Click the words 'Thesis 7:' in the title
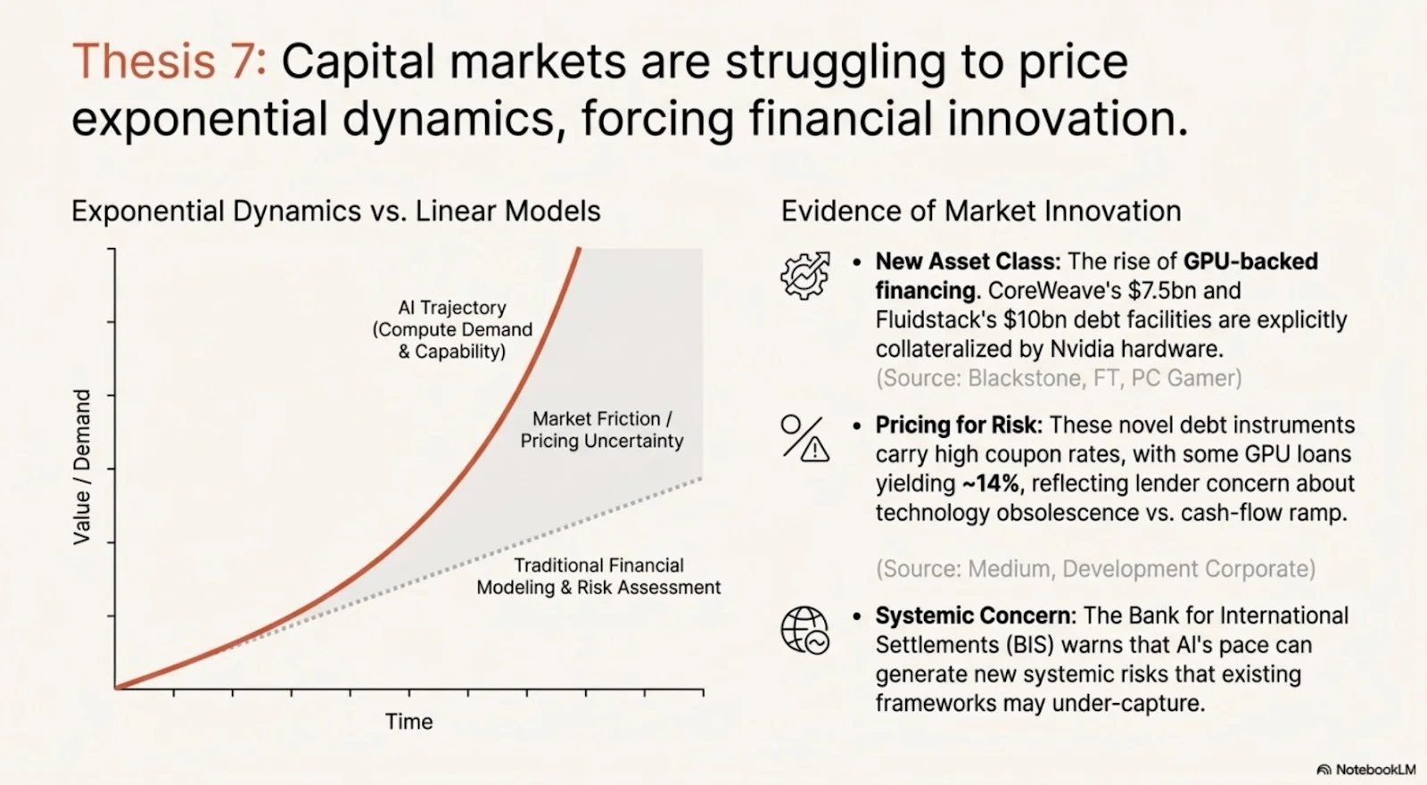pos(169,62)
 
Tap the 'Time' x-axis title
pos(408,722)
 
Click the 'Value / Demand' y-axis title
pos(82,467)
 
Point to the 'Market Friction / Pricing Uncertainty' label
pos(602,430)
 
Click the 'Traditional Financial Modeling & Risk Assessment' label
pos(598,576)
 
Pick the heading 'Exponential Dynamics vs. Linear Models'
pos(335,211)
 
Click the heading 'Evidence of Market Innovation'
pos(981,211)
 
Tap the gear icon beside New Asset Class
pos(804,275)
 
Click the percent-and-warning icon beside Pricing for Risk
pos(804,438)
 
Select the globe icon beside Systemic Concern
pos(804,630)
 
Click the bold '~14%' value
pos(992,483)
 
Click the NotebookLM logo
pos(1365,769)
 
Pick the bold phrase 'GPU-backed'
pos(1250,261)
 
